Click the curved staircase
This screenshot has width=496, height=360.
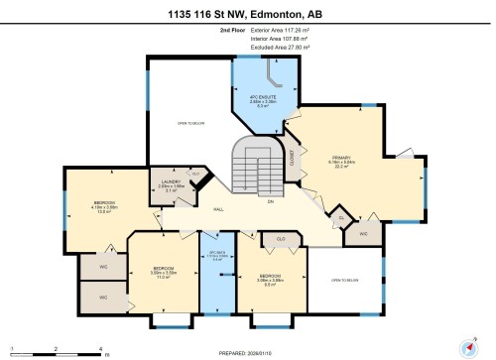(x=252, y=164)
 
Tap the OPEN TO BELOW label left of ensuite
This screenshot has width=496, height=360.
(x=190, y=123)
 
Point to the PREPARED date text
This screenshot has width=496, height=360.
(x=248, y=353)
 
